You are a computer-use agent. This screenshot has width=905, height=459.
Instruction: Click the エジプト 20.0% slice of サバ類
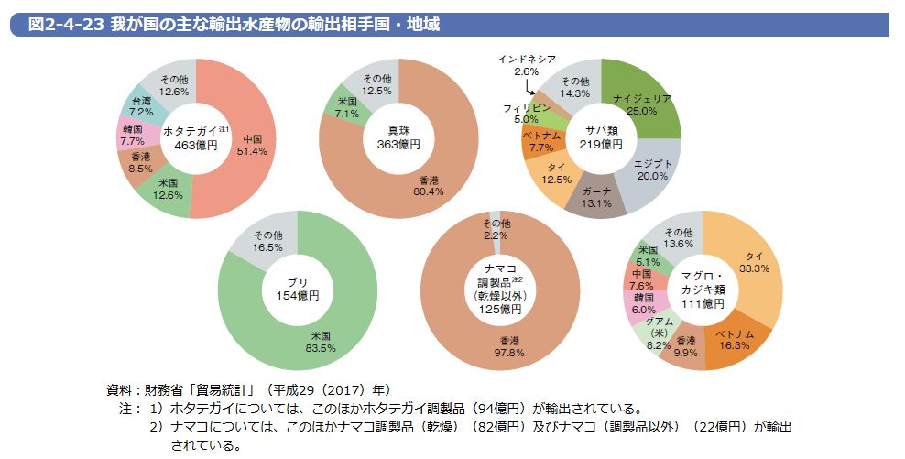(651, 169)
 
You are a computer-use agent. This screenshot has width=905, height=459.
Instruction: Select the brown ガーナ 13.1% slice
(595, 197)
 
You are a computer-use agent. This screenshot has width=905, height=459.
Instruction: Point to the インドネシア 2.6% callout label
(527, 65)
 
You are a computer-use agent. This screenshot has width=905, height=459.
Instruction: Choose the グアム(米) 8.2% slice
(659, 331)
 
